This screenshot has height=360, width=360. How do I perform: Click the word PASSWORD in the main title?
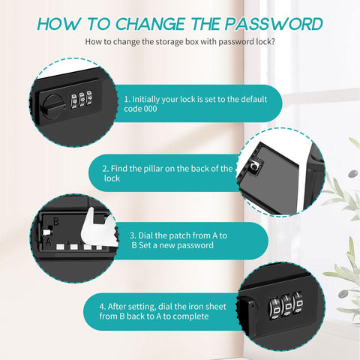pyautogui.click(x=274, y=24)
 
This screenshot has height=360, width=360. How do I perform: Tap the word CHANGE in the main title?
pyautogui.click(x=150, y=24)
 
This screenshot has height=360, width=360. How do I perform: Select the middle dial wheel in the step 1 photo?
pyautogui.click(x=81, y=100)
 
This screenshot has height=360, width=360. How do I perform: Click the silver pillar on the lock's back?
pyautogui.click(x=255, y=165)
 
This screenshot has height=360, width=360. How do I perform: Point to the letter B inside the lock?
pyautogui.click(x=56, y=221)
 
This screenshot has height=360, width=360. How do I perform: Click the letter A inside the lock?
pyautogui.click(x=48, y=241)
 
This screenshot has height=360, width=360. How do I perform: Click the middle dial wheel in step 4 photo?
pyautogui.click(x=286, y=306)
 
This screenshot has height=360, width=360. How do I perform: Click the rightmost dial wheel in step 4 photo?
pyautogui.click(x=298, y=303)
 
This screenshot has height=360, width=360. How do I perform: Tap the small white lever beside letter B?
pyautogui.click(x=47, y=232)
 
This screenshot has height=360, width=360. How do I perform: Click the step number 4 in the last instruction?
pyautogui.click(x=102, y=307)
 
